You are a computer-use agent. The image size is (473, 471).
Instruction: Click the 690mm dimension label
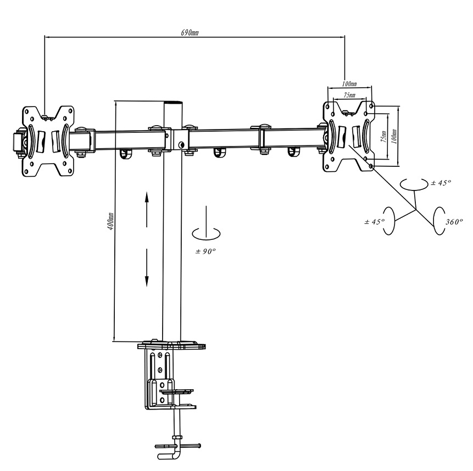pos(190,32)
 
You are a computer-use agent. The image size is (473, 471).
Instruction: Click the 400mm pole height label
pos(111,221)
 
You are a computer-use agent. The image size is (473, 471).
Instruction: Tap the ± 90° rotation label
pos(205,251)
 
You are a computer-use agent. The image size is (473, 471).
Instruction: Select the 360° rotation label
pos(454,222)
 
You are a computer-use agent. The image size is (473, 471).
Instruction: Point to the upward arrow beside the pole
pos(147,210)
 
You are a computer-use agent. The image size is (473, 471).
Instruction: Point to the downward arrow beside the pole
pos(147,267)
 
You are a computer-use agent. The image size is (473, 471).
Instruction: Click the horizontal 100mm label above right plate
pos(349,83)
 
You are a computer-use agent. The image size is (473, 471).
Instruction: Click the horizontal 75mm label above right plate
pos(349,95)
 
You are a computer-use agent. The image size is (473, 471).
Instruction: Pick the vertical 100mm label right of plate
pos(394,136)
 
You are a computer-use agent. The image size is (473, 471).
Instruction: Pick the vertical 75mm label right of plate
pos(383,136)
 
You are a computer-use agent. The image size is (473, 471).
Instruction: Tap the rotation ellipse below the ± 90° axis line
pos(206,234)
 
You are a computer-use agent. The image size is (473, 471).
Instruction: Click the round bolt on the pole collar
pos(181,145)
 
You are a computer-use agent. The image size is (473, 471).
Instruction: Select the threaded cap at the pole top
pos(173,103)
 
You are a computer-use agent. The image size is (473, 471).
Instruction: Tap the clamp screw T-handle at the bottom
pos(177,446)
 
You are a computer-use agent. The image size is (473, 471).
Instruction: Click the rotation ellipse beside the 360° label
pos(438,221)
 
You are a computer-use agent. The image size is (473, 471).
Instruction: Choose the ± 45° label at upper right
pos(441,183)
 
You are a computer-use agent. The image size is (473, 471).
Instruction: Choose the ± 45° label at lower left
pos(374,222)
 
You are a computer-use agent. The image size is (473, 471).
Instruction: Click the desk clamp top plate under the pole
pos(171,345)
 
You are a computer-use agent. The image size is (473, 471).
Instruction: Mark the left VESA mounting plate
pos(48,141)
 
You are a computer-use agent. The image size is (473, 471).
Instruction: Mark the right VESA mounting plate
pos(349,137)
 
